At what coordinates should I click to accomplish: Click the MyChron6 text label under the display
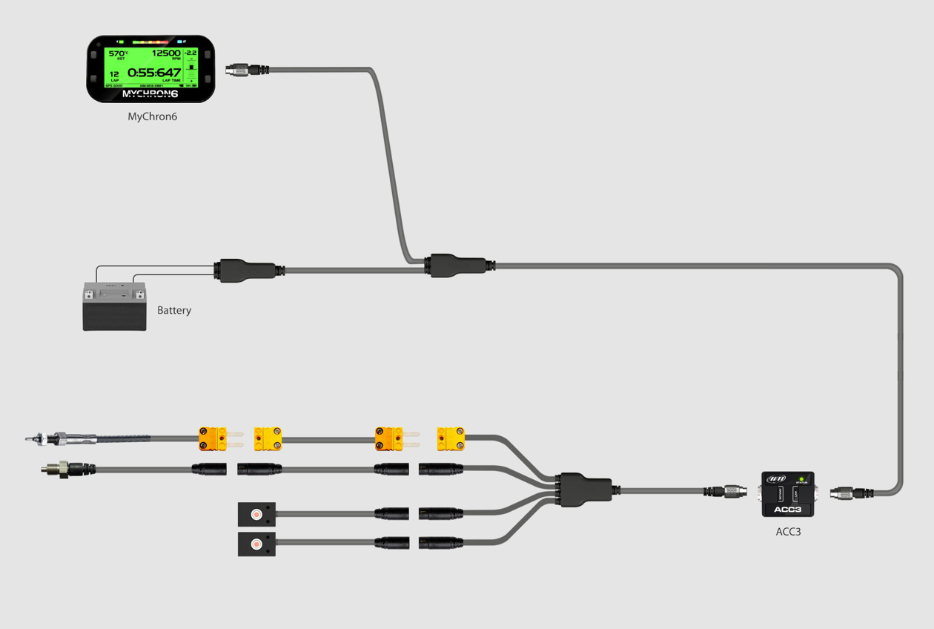coord(152,116)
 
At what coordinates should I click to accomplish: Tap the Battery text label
coord(174,310)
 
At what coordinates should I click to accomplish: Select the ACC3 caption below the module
coord(787,531)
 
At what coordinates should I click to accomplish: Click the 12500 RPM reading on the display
coord(165,54)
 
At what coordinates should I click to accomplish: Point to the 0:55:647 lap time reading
coord(154,73)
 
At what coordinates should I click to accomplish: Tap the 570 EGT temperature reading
coord(116,54)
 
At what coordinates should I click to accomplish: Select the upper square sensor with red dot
coord(256,513)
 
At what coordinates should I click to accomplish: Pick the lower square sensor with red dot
coord(256,543)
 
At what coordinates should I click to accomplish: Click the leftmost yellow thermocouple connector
coord(212,438)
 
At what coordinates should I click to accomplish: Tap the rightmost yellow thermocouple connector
coord(451,438)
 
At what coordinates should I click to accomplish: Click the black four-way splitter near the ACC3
coord(585,490)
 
